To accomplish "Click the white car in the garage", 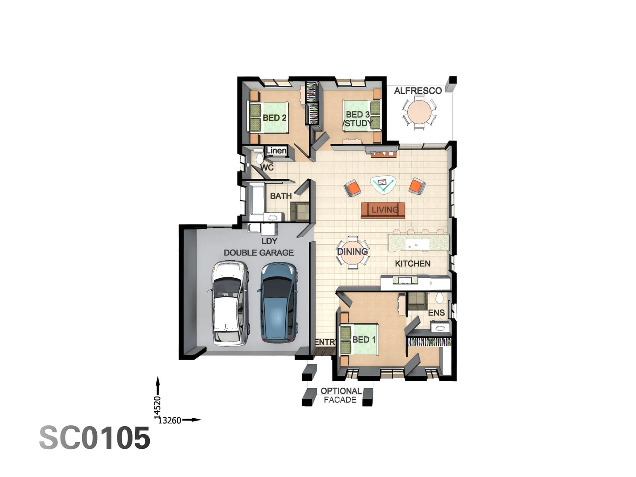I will tap(228, 303).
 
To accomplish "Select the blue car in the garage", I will tap(278, 303).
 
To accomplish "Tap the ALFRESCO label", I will tap(418, 91).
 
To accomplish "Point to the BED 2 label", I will tap(274, 118).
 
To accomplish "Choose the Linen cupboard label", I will tap(276, 151).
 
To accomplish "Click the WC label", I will tap(267, 168).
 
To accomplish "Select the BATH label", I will tap(281, 196).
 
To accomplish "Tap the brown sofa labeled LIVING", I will tap(383, 210).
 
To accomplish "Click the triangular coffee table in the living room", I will tap(383, 184).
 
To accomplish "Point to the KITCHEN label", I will tap(413, 264).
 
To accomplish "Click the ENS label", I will tap(436, 313).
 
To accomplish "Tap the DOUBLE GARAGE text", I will tap(259, 253).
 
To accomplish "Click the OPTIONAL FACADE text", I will tap(341, 395).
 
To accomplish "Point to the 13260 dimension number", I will tap(170, 420).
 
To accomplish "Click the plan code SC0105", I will tap(95, 438).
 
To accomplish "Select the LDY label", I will tap(269, 241).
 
